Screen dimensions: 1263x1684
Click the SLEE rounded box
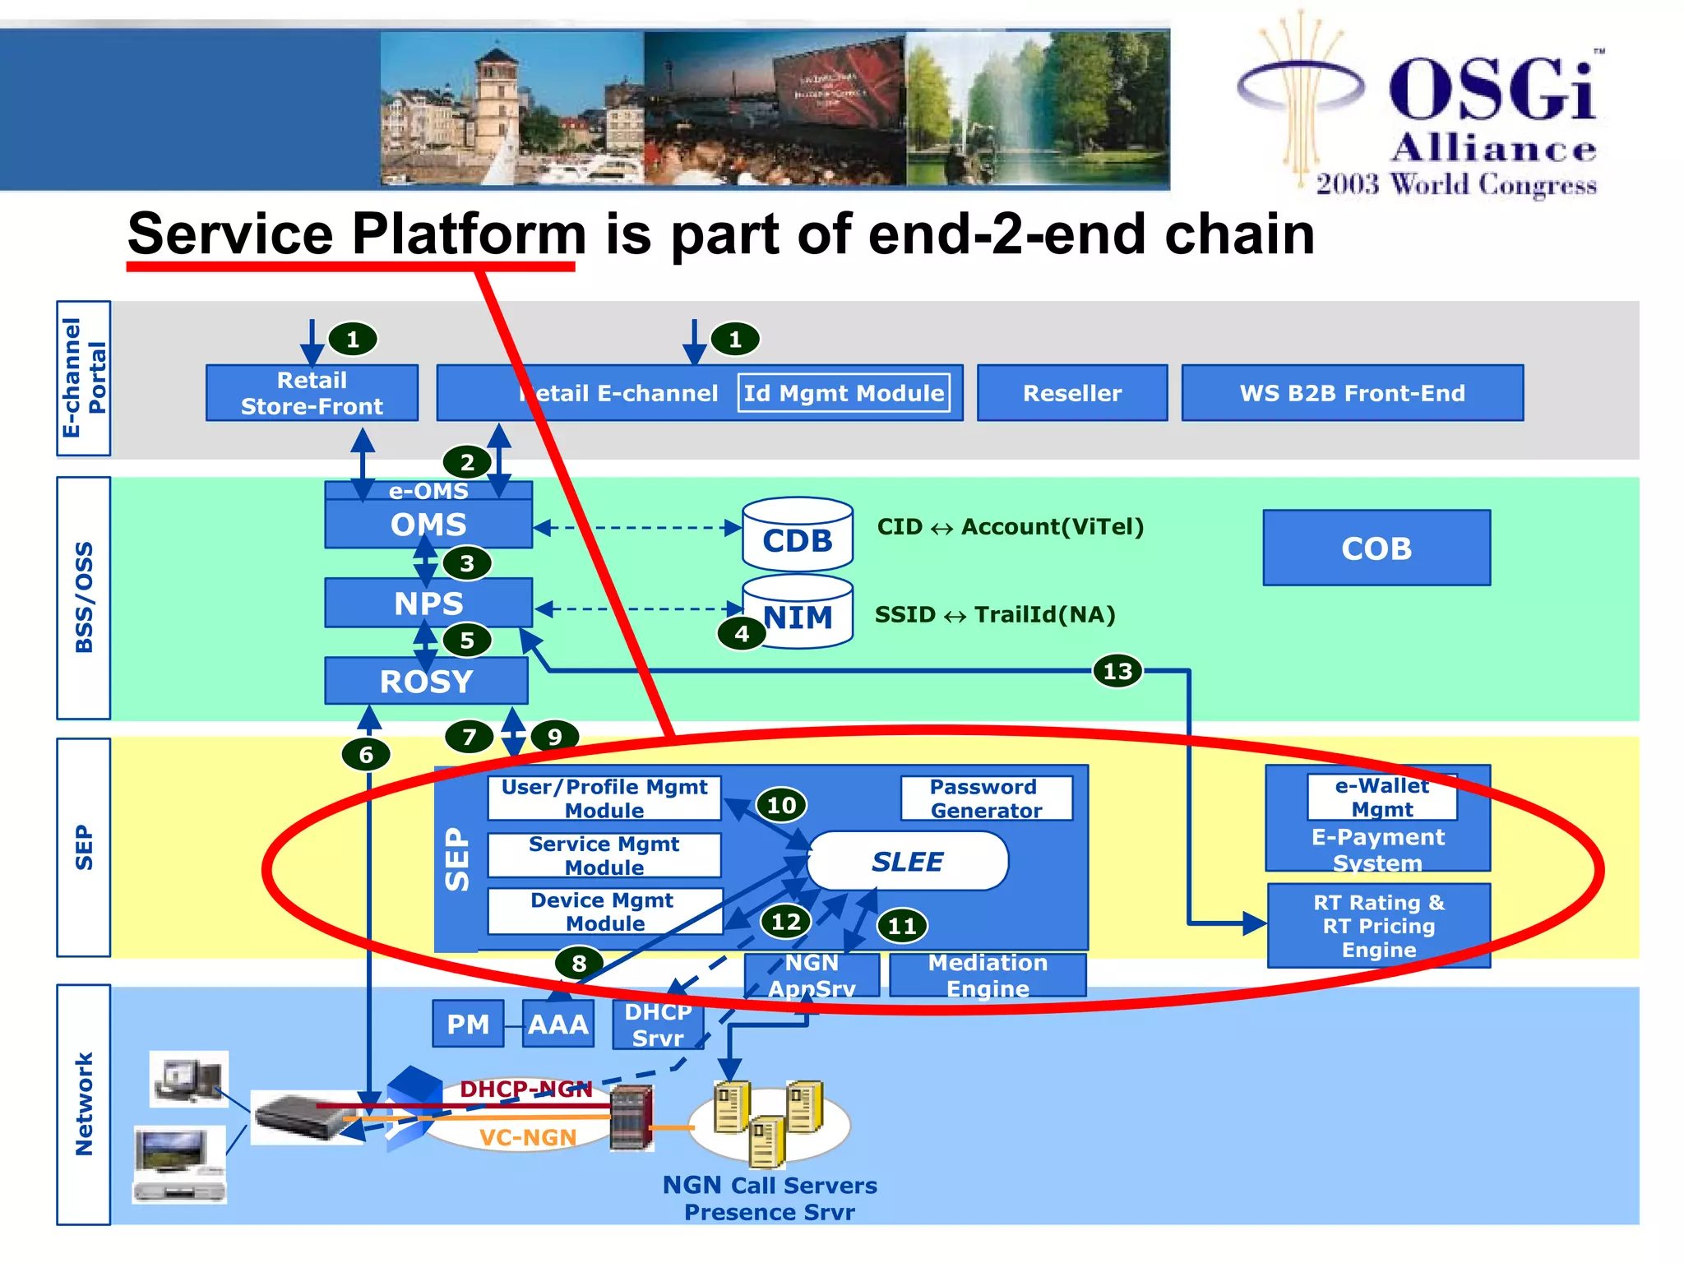[x=908, y=861]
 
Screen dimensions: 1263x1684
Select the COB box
[x=1376, y=548]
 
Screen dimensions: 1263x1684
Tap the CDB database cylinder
[x=797, y=535]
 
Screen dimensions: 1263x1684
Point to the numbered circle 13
[x=1117, y=671]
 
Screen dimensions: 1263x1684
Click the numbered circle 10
[x=780, y=805]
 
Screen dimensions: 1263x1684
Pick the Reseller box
[x=1071, y=393]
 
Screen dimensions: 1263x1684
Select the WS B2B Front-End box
[x=1352, y=393]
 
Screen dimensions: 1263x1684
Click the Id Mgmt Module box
[x=844, y=393]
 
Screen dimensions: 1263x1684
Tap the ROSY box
[x=426, y=681]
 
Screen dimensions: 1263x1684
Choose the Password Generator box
[x=986, y=798]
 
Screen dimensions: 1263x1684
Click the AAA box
[x=557, y=1025]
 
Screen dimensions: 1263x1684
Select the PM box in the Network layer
[x=468, y=1025]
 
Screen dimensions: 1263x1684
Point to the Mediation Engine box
[x=988, y=975]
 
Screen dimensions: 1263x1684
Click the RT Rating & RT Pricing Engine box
[x=1378, y=926]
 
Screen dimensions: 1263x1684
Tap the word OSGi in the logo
[x=1492, y=90]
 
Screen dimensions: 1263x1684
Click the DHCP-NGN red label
[x=525, y=1089]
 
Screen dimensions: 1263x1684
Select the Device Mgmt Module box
[x=604, y=911]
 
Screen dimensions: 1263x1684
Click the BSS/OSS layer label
[x=84, y=598]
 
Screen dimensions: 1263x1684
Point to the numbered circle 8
[x=579, y=963]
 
